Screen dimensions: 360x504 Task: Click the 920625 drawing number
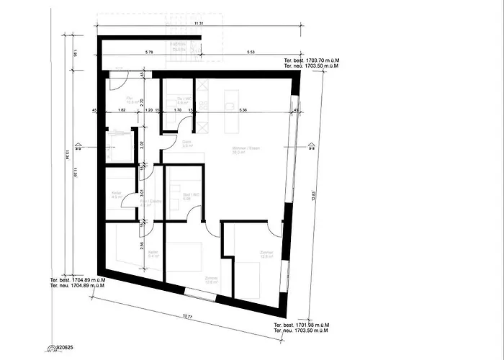(64, 347)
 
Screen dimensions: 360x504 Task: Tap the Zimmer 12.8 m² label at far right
(247, 253)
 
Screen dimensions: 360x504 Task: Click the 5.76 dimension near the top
(152, 53)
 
